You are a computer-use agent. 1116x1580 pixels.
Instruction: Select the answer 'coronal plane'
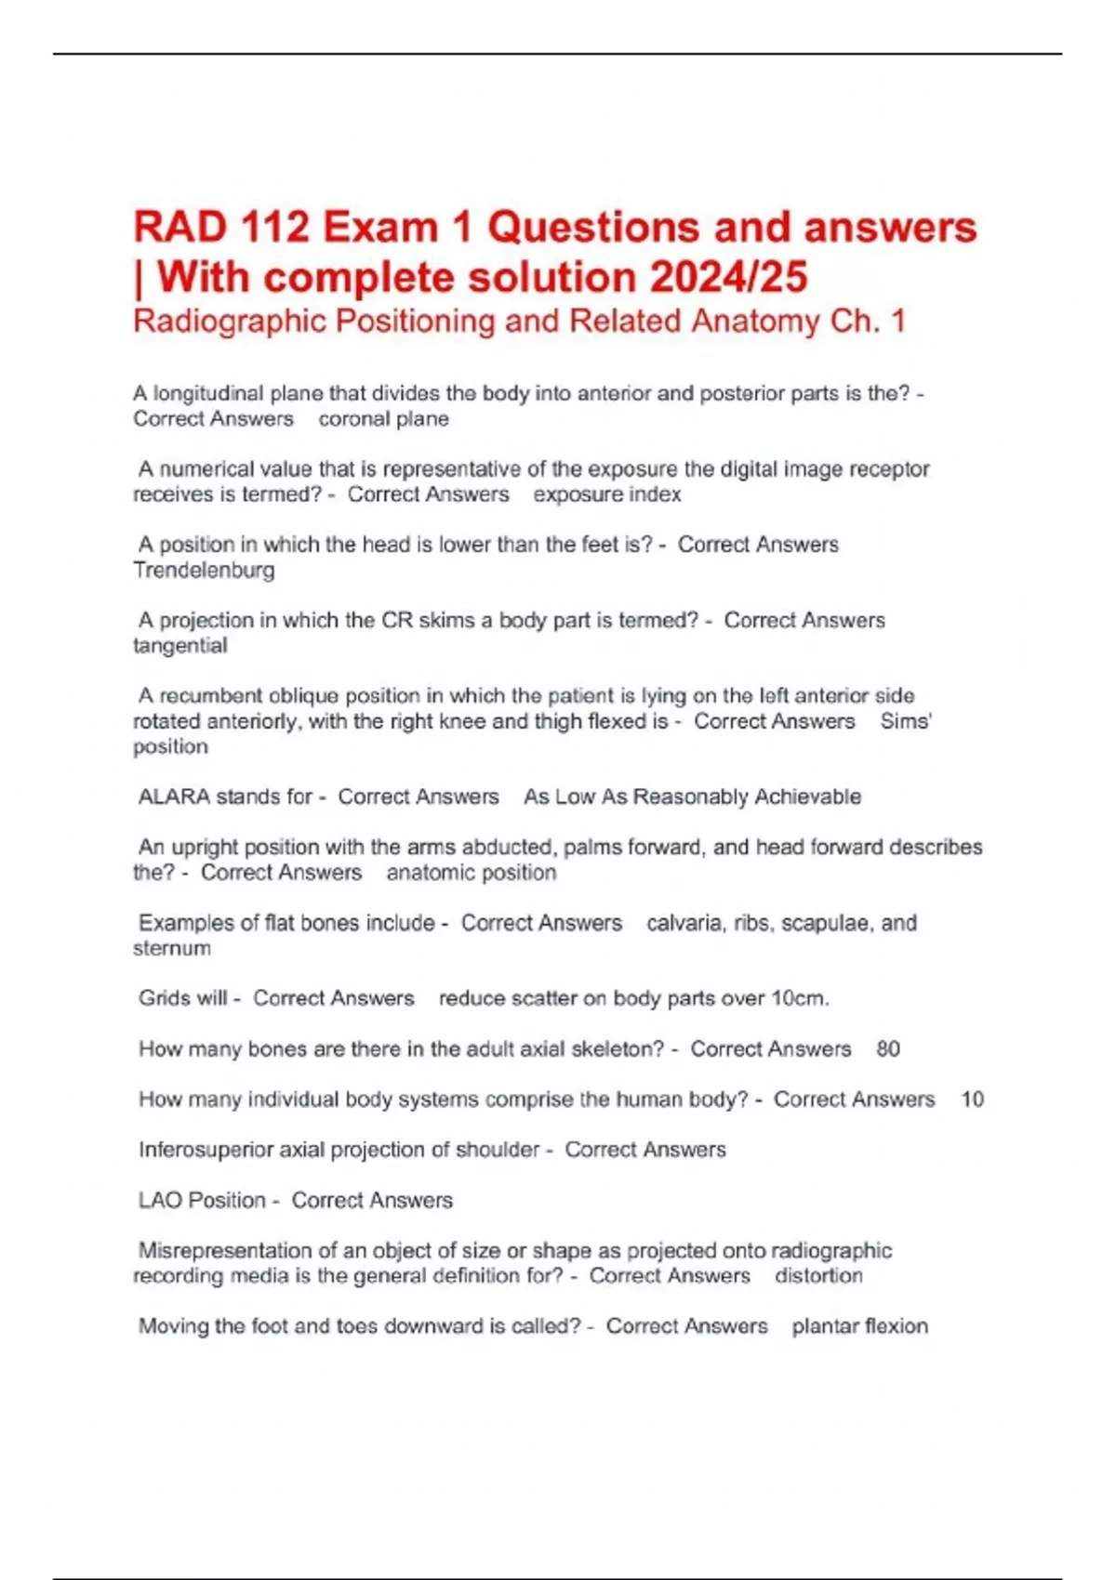pyautogui.click(x=383, y=419)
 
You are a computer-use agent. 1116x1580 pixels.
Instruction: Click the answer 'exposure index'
pyautogui.click(x=606, y=494)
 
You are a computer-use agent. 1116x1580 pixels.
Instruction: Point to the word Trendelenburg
pyautogui.click(x=204, y=570)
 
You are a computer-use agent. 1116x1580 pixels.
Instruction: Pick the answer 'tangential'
pyautogui.click(x=179, y=645)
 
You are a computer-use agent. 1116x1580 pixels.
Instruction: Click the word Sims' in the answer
pyautogui.click(x=906, y=721)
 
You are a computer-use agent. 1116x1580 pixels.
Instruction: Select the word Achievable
pyautogui.click(x=807, y=797)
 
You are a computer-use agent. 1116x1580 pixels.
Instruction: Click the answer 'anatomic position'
pyautogui.click(x=471, y=873)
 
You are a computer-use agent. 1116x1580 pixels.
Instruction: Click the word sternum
pyautogui.click(x=172, y=948)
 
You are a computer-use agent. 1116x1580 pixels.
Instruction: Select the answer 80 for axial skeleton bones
pyautogui.click(x=887, y=1049)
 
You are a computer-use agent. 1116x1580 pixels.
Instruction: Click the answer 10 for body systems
pyautogui.click(x=972, y=1099)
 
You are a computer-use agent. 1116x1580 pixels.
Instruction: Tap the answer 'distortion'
pyautogui.click(x=818, y=1276)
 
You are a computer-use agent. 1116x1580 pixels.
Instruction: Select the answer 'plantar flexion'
pyautogui.click(x=859, y=1326)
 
